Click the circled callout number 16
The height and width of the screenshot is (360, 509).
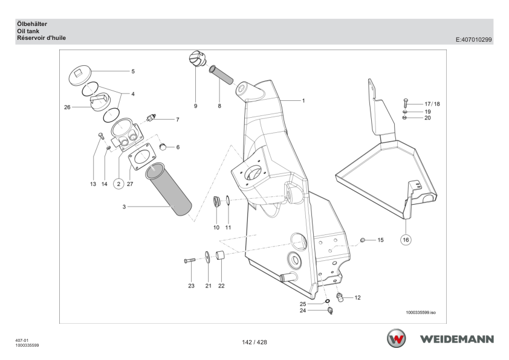click(406, 240)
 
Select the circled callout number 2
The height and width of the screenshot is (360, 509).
click(118, 184)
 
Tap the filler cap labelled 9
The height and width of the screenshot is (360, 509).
click(196, 59)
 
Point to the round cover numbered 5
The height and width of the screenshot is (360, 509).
click(80, 76)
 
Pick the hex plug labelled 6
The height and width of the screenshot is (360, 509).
click(163, 147)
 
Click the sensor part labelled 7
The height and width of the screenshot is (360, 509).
click(151, 117)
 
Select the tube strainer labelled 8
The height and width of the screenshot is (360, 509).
click(221, 75)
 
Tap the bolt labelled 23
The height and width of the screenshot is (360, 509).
click(190, 260)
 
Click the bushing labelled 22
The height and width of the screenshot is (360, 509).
click(221, 256)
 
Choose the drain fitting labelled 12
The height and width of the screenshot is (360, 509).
click(340, 297)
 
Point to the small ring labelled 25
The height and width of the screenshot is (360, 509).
click(328, 302)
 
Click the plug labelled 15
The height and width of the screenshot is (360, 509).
click(363, 240)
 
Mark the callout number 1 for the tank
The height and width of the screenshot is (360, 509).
click(303, 101)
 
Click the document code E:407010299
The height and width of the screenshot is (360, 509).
click(473, 40)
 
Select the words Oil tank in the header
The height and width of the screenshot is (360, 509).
click(28, 31)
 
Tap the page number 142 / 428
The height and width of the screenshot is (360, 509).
click(254, 342)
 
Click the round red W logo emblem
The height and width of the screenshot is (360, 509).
click(396, 338)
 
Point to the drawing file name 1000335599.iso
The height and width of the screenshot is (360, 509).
click(421, 313)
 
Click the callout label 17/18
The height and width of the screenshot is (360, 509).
click(432, 104)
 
